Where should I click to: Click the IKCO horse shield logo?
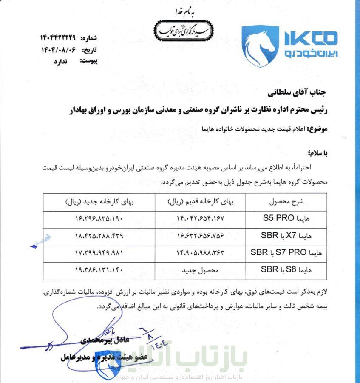point(260,46)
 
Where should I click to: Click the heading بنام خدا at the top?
point(183,11)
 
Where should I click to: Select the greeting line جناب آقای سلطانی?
point(302,91)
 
